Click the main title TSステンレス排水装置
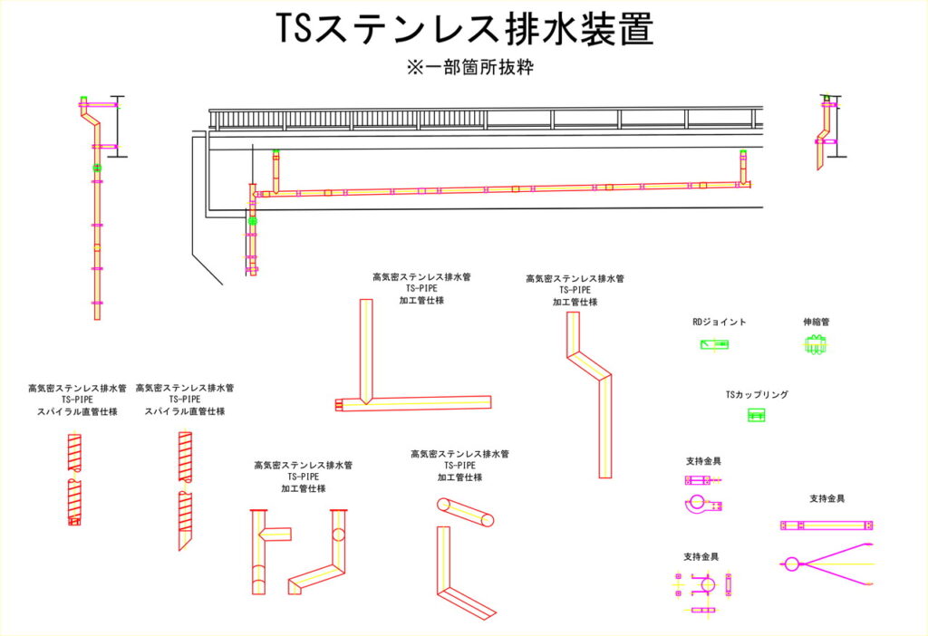tap(464, 31)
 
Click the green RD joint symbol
tap(714, 344)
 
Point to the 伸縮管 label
tap(816, 322)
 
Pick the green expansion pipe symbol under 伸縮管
tap(816, 344)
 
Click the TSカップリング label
tap(757, 395)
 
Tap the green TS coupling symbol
tap(757, 415)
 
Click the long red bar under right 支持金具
tap(826, 525)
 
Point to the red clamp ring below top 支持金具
tap(698, 503)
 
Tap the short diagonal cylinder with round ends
tap(466, 512)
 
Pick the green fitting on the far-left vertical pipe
tap(97, 169)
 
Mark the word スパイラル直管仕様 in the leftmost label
tap(77, 411)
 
